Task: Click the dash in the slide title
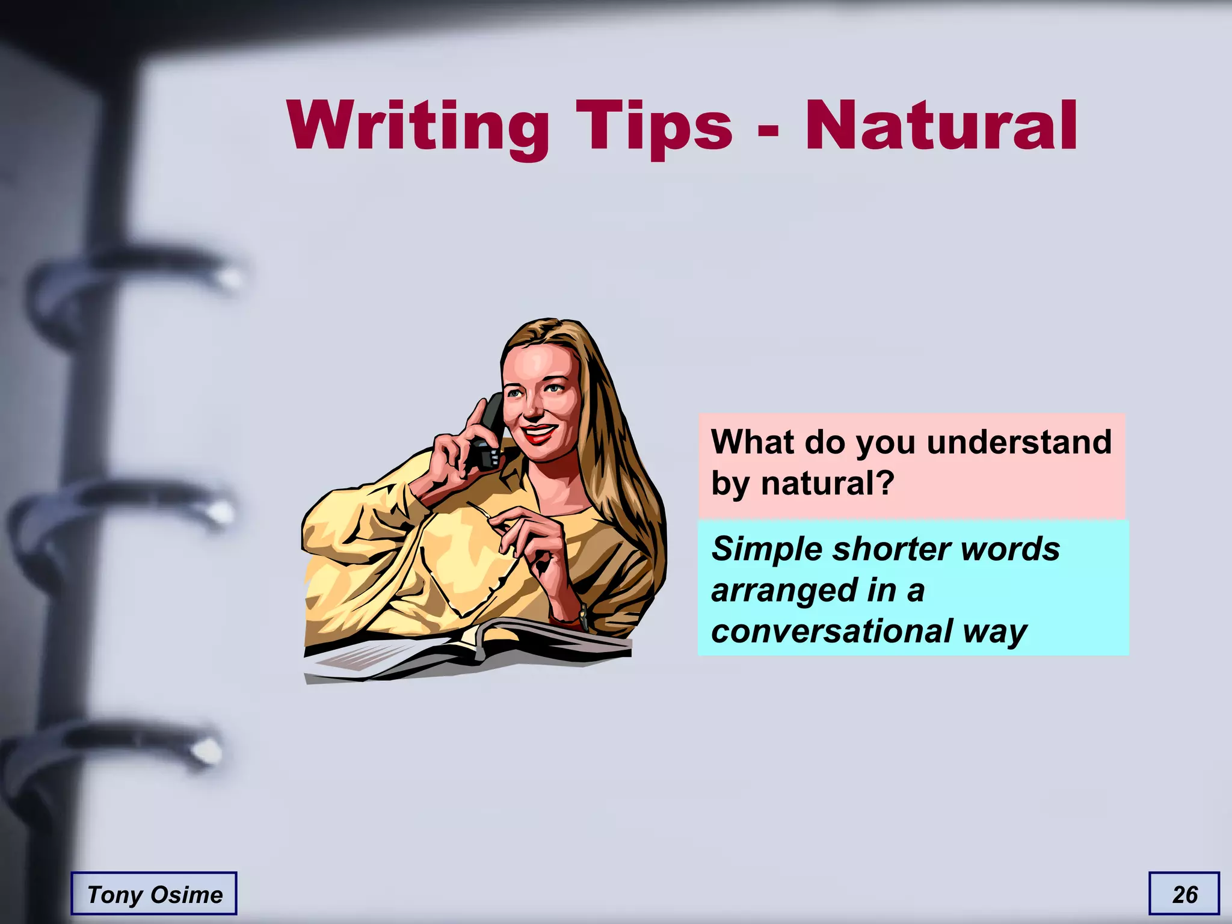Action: pos(768,130)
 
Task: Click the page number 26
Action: pos(1184,895)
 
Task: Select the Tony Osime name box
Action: pos(154,895)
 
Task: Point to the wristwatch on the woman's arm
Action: pos(582,617)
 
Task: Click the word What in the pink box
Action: pos(752,442)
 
